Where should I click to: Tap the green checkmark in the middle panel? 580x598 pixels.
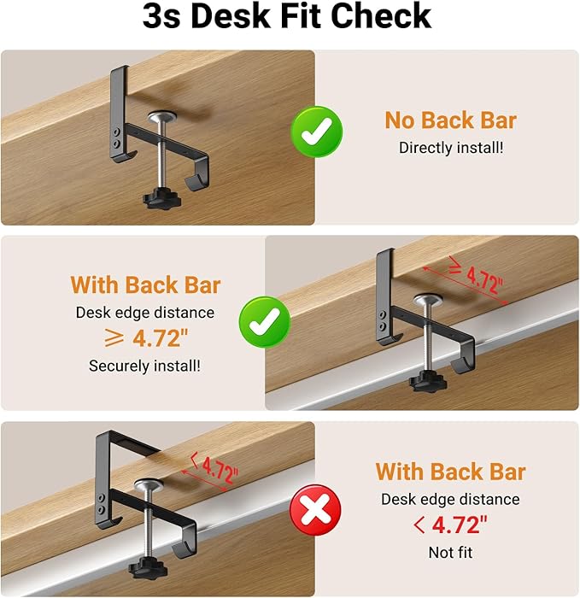[265, 322]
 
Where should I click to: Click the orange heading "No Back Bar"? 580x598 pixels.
[450, 120]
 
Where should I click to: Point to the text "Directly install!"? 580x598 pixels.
[451, 147]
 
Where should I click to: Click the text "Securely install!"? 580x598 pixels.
[144, 366]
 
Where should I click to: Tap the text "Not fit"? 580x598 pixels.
[450, 553]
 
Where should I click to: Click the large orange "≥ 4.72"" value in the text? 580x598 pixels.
[145, 338]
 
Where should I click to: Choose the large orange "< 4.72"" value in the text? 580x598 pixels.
[450, 525]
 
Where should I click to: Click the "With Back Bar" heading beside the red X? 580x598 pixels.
[450, 472]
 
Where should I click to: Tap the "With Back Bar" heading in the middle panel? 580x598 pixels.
[145, 284]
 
